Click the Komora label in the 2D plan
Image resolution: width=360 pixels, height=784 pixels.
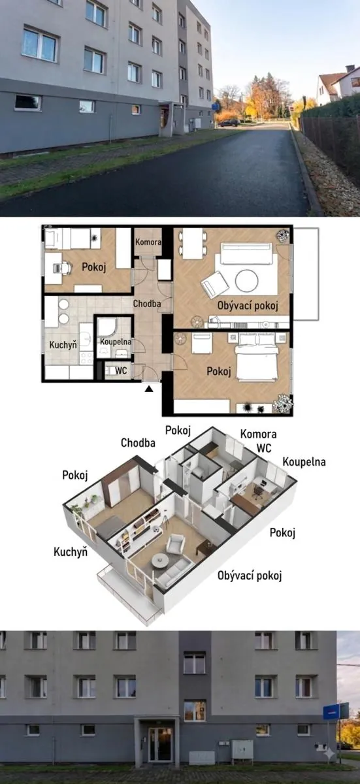148,242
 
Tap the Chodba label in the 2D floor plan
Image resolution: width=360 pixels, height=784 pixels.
147,304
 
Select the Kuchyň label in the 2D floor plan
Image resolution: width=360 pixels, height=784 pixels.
63,345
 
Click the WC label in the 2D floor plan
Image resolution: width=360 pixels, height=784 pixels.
121,370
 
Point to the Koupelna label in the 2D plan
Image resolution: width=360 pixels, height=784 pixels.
116,342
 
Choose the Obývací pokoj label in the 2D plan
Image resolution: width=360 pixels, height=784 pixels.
248,306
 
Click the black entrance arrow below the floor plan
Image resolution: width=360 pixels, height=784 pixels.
149,388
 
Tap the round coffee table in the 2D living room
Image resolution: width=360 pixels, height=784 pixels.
247,280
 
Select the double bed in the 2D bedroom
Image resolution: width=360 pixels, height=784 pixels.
257,357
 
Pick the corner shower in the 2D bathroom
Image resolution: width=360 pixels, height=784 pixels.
109,327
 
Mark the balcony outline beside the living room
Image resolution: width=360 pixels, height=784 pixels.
306,274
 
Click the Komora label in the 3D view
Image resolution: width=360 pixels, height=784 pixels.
259,434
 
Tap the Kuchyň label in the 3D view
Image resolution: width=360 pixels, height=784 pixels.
71,552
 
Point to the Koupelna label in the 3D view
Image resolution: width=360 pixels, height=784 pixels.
304,462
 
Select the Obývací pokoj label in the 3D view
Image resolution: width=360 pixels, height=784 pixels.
250,576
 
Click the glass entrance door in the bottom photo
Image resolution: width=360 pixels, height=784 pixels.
160,744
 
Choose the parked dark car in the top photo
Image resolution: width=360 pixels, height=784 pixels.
229,123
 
